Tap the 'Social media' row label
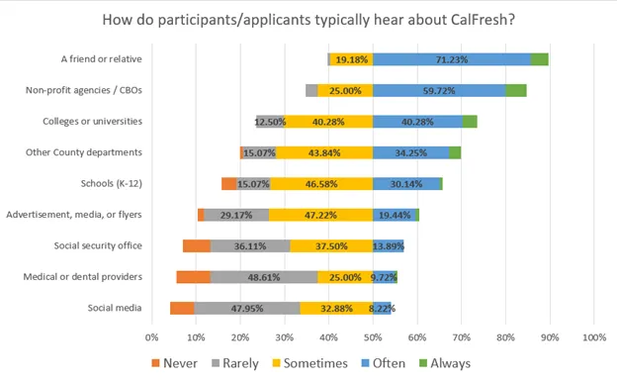pos(113,308)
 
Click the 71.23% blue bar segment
pos(451,59)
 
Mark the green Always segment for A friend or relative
pos(539,59)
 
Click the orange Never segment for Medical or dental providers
pos(193,277)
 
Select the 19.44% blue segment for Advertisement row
pos(394,215)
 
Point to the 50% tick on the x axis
pos(373,337)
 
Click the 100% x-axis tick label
pos(593,337)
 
